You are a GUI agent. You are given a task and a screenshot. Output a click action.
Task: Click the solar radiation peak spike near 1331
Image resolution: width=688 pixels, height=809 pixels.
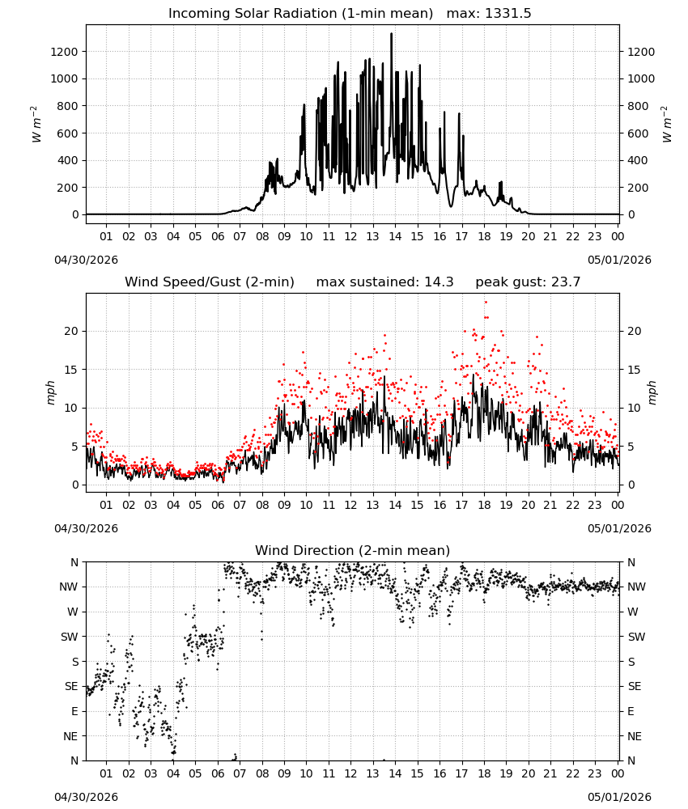click(391, 34)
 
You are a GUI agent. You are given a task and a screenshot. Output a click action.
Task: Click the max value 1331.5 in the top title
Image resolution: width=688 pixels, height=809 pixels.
click(508, 14)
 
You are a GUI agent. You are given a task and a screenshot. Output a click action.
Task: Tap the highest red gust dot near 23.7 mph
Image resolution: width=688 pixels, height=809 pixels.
click(486, 303)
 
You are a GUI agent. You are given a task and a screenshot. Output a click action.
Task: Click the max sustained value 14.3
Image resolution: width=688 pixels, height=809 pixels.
click(440, 282)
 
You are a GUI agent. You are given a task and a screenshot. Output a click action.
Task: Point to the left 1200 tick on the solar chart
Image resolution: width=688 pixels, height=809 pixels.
click(64, 52)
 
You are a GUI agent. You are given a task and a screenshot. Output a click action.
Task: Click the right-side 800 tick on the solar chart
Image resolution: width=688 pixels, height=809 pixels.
click(638, 106)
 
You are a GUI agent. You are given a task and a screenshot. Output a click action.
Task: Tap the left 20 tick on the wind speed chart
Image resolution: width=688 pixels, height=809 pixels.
click(71, 331)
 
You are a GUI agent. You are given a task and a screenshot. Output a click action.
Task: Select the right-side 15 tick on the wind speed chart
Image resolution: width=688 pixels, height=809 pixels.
click(635, 370)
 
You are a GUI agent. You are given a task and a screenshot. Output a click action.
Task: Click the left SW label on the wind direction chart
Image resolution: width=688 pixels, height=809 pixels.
click(70, 637)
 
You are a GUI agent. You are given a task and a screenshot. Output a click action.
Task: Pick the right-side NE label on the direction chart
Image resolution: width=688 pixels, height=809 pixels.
click(635, 736)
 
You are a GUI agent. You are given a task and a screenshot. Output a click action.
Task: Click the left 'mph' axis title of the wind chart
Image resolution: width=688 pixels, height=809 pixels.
click(50, 392)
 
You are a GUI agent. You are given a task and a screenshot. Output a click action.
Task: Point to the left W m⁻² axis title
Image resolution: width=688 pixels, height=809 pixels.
click(36, 125)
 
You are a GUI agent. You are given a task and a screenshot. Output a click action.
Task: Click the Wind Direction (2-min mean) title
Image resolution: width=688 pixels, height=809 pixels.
click(353, 550)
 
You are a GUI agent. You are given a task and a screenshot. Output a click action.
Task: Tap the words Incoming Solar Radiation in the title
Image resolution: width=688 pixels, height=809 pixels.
click(253, 14)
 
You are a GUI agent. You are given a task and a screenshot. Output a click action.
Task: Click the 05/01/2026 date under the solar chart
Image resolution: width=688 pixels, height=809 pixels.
click(619, 260)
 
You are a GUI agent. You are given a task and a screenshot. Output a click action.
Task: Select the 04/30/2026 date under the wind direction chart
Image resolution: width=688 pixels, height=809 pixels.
click(86, 797)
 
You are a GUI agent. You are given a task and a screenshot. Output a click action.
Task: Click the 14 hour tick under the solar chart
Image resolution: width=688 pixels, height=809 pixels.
click(395, 236)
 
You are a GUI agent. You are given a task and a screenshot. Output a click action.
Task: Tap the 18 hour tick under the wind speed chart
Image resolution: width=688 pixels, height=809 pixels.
click(484, 505)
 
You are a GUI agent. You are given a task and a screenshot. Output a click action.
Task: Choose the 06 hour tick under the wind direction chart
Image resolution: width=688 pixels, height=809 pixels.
click(217, 773)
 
